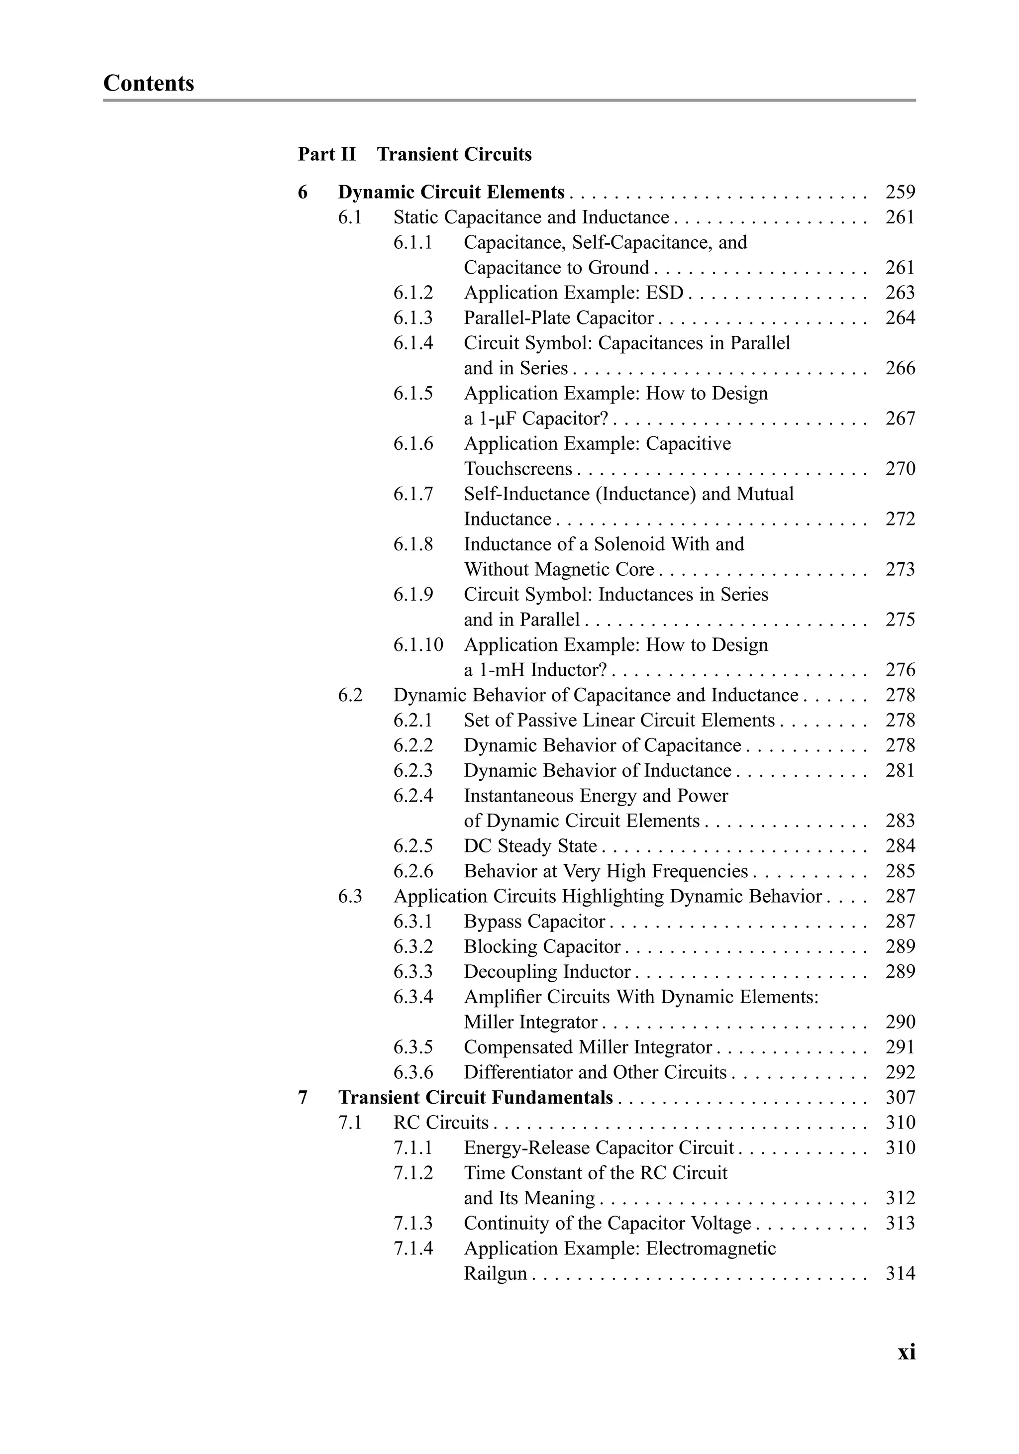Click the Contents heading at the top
(x=148, y=83)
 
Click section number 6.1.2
(x=413, y=293)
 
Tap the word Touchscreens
(x=517, y=469)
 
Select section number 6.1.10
(x=418, y=645)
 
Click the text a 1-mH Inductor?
(x=535, y=670)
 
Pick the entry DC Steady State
(x=530, y=846)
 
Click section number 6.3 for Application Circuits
(x=350, y=896)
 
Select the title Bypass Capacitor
(x=534, y=922)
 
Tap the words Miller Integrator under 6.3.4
(x=530, y=1022)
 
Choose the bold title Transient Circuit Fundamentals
(x=475, y=1097)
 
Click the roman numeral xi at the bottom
(x=906, y=1352)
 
